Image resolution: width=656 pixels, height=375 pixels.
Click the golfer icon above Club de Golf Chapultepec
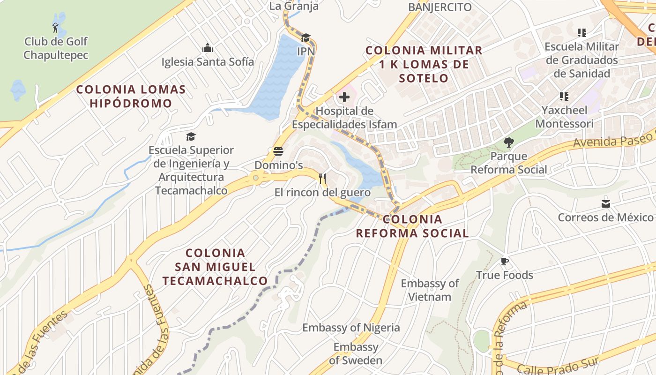[x=56, y=28]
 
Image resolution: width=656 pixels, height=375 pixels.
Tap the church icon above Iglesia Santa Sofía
[x=208, y=48]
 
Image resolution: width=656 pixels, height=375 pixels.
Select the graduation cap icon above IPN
[x=306, y=37]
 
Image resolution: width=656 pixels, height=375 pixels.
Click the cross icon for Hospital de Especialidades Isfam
[x=344, y=97]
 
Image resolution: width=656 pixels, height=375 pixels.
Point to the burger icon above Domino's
[x=278, y=151]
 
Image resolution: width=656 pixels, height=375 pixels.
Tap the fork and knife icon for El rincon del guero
[x=322, y=178]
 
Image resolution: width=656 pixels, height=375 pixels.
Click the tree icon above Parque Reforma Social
[x=508, y=142]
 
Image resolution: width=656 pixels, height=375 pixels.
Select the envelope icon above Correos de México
[x=605, y=203]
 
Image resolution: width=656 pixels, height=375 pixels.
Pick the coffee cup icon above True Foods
[x=504, y=261]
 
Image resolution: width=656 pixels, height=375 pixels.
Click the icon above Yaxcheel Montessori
[x=564, y=97]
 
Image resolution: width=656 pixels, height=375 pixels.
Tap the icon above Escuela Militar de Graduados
[x=581, y=33]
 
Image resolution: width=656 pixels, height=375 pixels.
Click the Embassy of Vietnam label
[x=430, y=290]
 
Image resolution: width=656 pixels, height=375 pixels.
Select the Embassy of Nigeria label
[x=351, y=327]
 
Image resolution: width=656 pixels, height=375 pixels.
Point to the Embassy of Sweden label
[x=356, y=353]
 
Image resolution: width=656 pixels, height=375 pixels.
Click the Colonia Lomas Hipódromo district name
[x=131, y=96]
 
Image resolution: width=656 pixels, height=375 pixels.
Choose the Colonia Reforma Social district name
[x=412, y=226]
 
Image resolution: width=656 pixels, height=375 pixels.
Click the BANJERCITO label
[x=440, y=7]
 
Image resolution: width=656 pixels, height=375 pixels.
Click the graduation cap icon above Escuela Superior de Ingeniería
[x=191, y=136]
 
